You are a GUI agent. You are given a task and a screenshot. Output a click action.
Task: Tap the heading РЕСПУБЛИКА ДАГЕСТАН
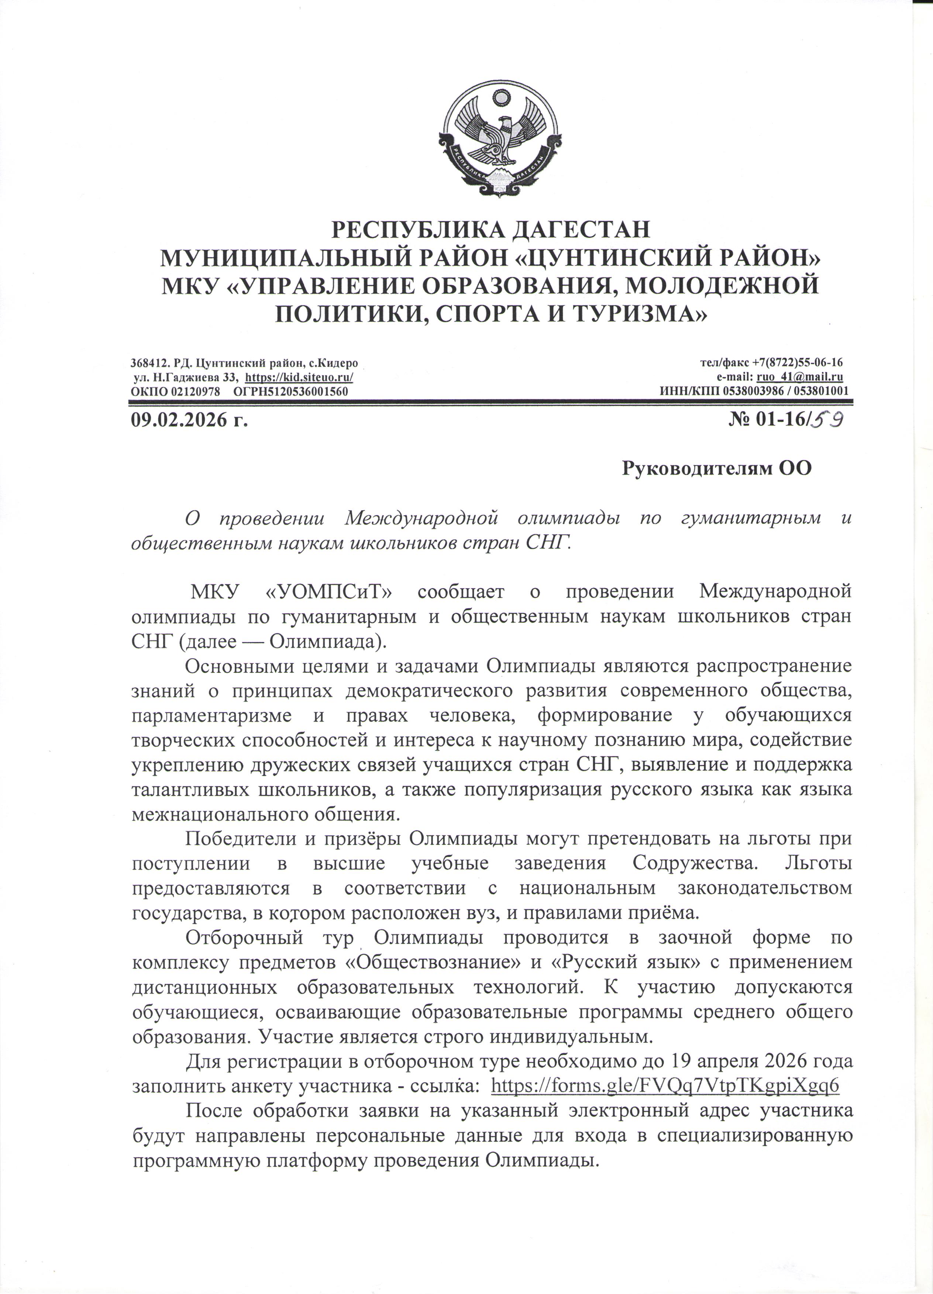(491, 230)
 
